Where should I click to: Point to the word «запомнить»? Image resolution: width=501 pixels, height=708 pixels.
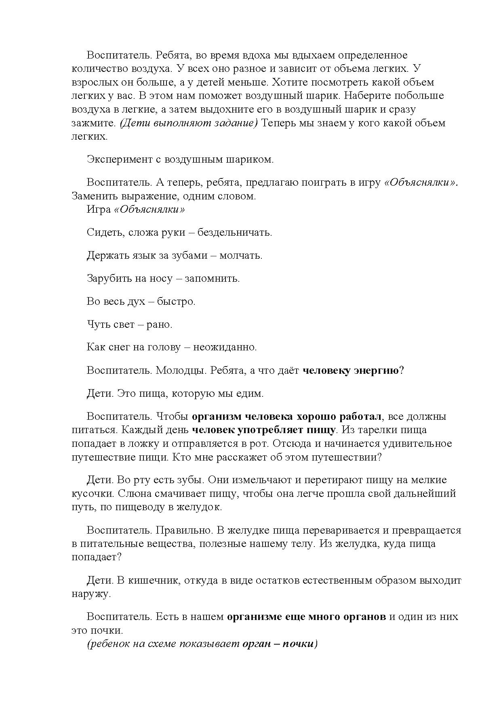pyautogui.click(x=212, y=279)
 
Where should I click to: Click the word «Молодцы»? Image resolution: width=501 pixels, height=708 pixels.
pyautogui.click(x=181, y=371)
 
